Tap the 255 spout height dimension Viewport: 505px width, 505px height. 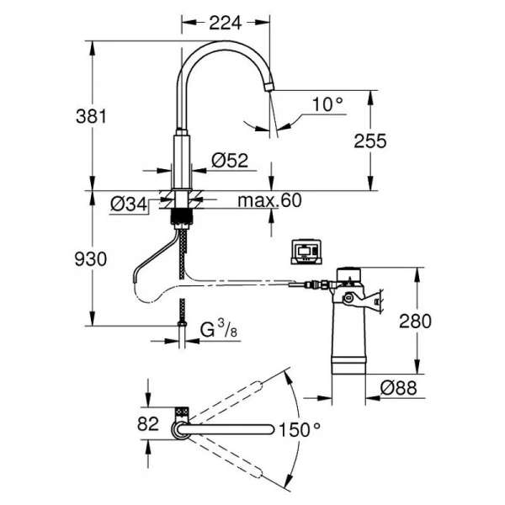[369, 141]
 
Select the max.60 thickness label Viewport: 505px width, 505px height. [268, 201]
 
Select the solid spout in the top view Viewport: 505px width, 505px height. [231, 429]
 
